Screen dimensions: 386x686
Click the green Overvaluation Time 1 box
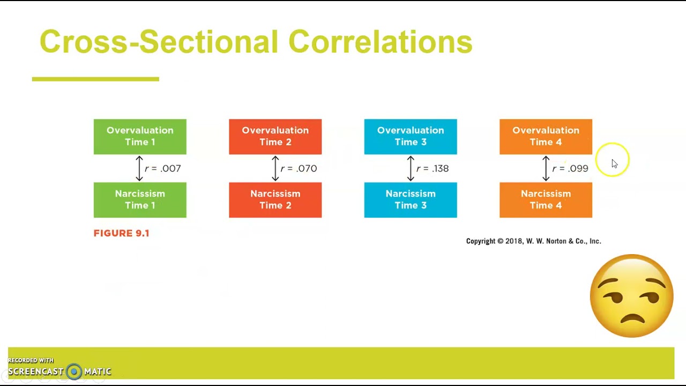pyautogui.click(x=140, y=137)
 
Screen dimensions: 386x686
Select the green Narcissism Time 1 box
pyautogui.click(x=140, y=200)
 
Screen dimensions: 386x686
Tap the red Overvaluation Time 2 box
pyautogui.click(x=275, y=137)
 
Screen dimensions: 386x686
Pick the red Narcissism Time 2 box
pyautogui.click(x=275, y=200)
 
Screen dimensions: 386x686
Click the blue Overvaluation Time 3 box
pyautogui.click(x=411, y=137)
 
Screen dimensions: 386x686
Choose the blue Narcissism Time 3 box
pyautogui.click(x=411, y=200)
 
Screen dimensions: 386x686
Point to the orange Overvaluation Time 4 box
pyautogui.click(x=546, y=137)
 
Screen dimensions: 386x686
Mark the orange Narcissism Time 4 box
pyautogui.click(x=546, y=200)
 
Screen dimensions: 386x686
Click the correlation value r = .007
pyautogui.click(x=163, y=168)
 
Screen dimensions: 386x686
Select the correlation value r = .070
pyautogui.click(x=299, y=168)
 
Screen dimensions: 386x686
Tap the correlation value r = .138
pyautogui.click(x=433, y=168)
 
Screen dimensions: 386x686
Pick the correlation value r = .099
pyautogui.click(x=570, y=168)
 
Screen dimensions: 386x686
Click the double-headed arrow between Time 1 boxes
pyautogui.click(x=139, y=168)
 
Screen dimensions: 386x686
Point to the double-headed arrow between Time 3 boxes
pyautogui.click(x=411, y=168)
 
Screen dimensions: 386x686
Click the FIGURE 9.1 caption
pyautogui.click(x=121, y=233)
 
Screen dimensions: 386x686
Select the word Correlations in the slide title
pyautogui.click(x=380, y=42)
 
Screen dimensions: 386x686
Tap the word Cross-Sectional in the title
pyautogui.click(x=159, y=42)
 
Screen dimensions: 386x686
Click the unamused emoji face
pyautogui.click(x=631, y=296)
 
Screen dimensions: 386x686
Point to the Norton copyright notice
pyautogui.click(x=533, y=241)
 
